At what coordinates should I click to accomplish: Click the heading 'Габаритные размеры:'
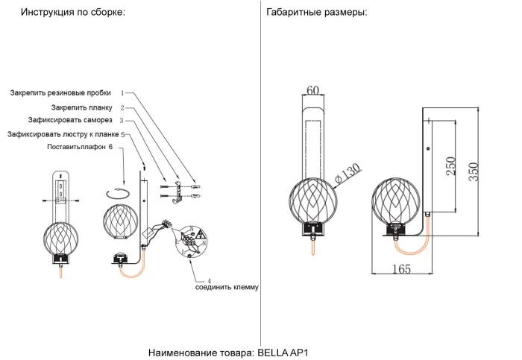[316, 13]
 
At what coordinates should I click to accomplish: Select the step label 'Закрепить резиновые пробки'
[60, 93]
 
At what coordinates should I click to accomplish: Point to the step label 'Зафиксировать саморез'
[70, 120]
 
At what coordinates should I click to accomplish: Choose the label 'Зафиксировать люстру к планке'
[63, 134]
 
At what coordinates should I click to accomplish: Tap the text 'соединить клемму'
[227, 287]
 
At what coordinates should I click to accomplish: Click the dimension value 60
[313, 91]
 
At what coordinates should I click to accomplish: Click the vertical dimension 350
[474, 171]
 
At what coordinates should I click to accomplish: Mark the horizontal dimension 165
[401, 269]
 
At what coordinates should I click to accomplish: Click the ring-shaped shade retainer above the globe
[119, 194]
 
